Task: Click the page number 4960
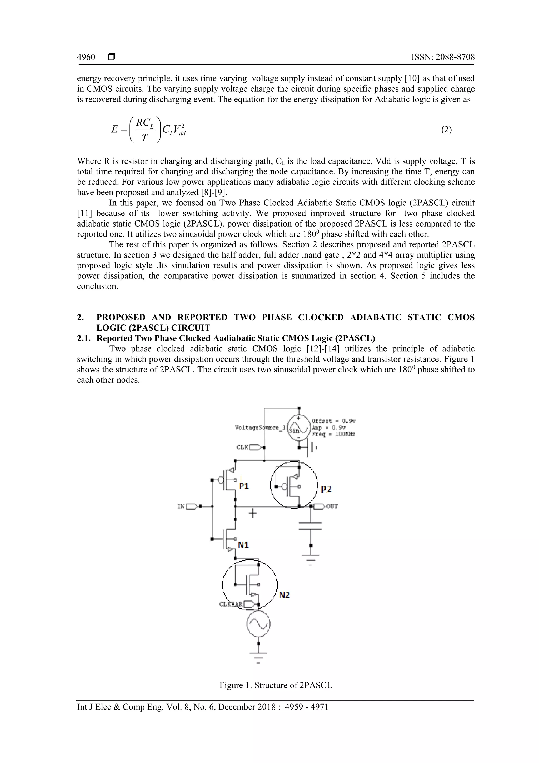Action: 86,57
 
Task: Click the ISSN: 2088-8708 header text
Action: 443,57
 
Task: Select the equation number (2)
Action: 446,130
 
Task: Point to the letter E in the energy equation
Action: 114,129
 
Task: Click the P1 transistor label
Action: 244,486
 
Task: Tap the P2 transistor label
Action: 326,489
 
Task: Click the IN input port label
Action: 181,506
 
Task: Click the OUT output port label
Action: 332,506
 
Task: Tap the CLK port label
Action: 242,447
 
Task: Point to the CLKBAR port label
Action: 231,604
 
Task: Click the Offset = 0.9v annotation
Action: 333,421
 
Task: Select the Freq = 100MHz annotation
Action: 333,434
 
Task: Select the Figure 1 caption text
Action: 276,685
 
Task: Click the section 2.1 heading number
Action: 84,338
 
